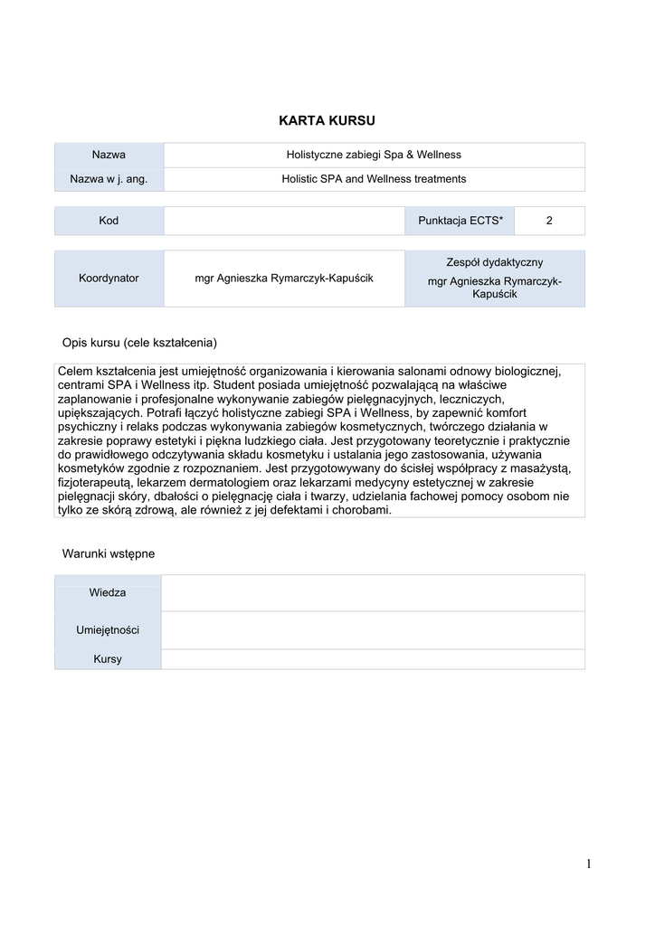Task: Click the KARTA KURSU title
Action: click(327, 120)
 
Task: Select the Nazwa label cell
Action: click(109, 155)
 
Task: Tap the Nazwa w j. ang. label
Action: click(109, 179)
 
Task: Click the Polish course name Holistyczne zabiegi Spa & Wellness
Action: click(374, 155)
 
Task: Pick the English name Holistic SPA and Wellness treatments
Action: click(374, 179)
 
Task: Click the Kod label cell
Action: click(109, 221)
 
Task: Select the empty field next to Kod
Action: click(283, 221)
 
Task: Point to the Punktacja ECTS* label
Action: click(460, 221)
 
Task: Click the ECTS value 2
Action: click(549, 221)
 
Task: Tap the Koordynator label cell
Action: click(109, 278)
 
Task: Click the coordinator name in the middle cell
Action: click(284, 278)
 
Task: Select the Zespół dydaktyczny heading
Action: click(494, 262)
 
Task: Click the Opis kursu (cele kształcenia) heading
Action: click(139, 343)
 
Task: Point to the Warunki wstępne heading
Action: click(109, 553)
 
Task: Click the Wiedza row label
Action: click(108, 592)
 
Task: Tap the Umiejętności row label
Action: click(108, 629)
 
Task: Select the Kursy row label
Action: click(108, 659)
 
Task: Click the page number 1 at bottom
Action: click(588, 865)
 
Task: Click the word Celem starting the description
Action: click(78, 372)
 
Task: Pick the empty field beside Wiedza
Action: click(373, 592)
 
